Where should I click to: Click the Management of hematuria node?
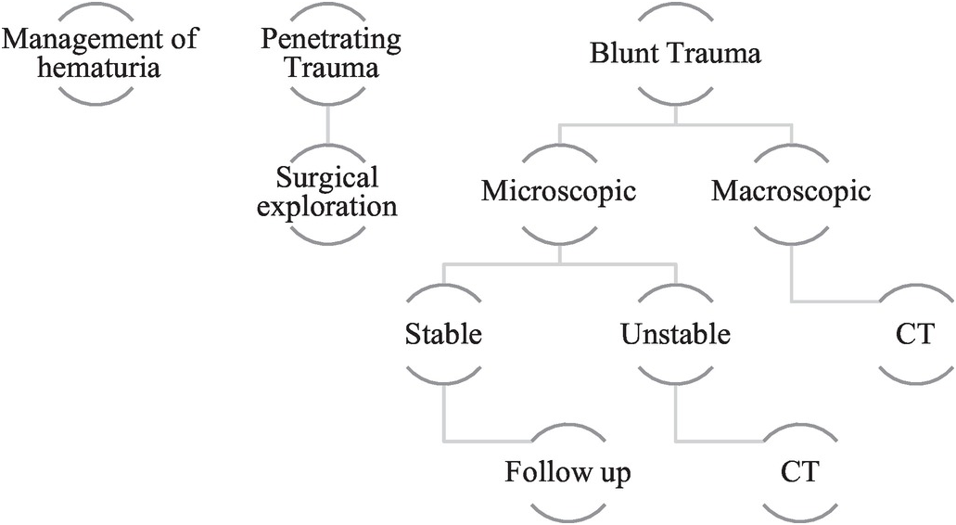coord(99,53)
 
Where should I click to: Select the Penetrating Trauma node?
coord(330,53)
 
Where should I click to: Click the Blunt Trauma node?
coord(675,53)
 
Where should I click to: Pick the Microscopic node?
coord(558,191)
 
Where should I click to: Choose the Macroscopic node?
coord(791,191)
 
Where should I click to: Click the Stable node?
coord(443,334)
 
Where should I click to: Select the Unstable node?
coord(675,334)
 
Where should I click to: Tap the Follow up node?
coord(567,472)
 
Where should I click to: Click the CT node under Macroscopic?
coord(914,334)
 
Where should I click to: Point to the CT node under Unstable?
coord(799,472)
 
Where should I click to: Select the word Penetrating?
coord(330,40)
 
